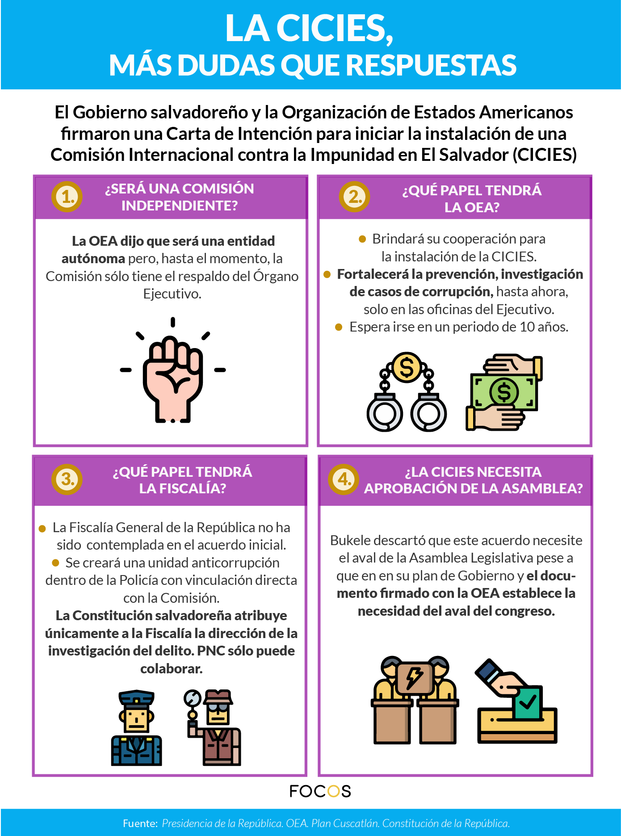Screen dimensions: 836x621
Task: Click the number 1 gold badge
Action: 67,197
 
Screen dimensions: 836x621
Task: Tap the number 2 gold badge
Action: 354,197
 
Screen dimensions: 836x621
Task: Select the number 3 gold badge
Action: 67,479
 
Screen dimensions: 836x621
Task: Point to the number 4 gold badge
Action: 344,479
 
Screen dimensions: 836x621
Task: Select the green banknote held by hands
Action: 504,392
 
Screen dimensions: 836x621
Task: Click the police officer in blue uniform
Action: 136,728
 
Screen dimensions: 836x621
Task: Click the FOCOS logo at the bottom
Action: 320,791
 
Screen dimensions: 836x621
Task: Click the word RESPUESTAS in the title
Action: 431,65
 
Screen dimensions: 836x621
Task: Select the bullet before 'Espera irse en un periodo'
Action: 339,327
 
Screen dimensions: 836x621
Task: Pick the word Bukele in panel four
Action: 350,541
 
